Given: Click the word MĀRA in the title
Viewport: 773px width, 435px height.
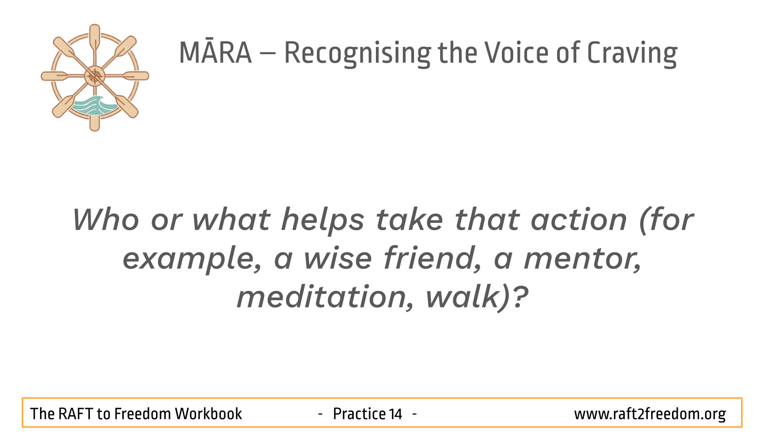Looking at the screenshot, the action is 215,53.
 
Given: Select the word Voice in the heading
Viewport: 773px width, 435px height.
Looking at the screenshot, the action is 516,53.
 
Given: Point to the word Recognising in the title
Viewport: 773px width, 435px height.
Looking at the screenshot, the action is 358,54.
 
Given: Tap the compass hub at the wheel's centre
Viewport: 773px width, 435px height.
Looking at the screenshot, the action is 95,76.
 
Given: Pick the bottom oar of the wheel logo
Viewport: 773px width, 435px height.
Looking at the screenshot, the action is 95,119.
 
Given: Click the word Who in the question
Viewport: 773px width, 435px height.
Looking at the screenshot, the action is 106,219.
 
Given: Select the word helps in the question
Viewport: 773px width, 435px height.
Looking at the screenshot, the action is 323,221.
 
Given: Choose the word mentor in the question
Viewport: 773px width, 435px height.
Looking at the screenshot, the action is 583,260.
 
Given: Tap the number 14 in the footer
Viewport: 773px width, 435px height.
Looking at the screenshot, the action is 395,414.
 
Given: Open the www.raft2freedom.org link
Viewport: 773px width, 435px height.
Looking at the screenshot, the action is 650,414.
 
